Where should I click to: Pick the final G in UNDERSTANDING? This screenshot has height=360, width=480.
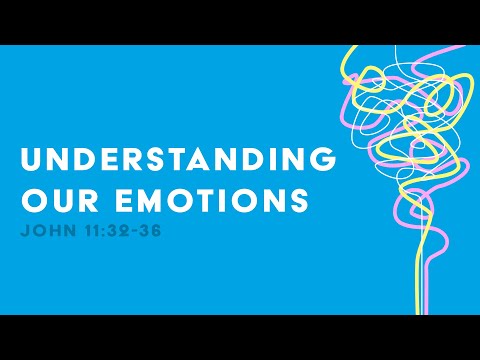click(322, 160)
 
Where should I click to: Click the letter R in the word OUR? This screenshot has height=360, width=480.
click(77, 202)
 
